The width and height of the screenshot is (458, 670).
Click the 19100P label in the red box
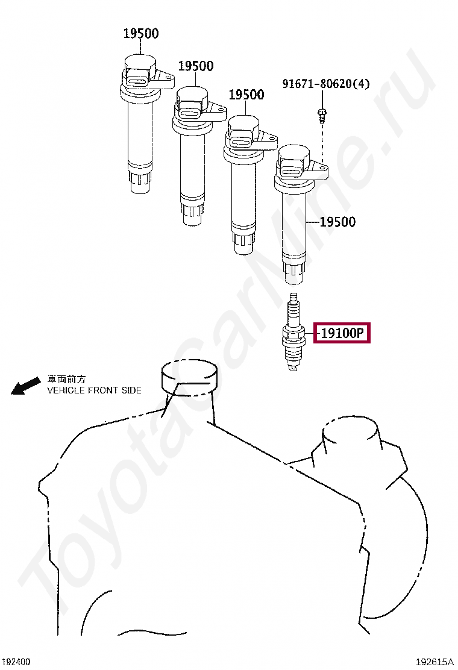click(342, 333)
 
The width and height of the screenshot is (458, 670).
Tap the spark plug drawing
click(293, 332)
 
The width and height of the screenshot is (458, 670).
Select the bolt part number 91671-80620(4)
click(326, 83)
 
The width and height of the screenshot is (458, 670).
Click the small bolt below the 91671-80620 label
click(322, 114)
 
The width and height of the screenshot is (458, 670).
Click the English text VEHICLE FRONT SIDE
click(94, 390)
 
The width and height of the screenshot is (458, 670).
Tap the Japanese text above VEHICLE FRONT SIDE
click(66, 379)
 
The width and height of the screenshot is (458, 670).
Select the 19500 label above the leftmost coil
click(141, 33)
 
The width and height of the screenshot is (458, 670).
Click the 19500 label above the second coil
click(196, 66)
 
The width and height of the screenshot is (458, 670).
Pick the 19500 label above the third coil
click(246, 95)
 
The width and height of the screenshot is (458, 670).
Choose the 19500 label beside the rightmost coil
click(337, 222)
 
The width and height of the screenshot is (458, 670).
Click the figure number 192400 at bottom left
click(16, 662)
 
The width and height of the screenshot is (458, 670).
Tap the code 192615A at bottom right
click(434, 662)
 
